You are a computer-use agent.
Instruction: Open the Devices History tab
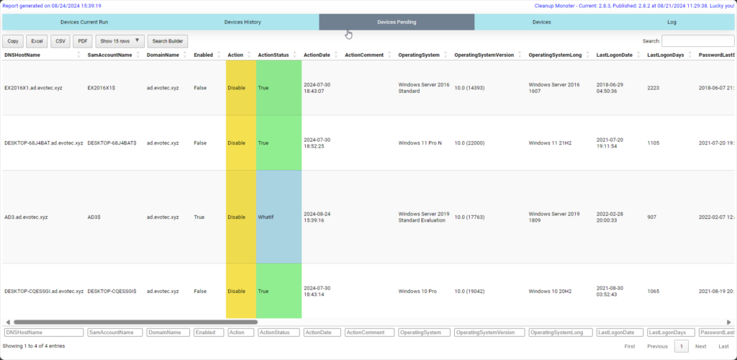242,22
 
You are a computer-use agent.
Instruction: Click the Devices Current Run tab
84,22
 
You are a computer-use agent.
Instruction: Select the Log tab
672,22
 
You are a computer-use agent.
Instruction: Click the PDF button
83,41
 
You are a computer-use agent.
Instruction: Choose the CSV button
60,41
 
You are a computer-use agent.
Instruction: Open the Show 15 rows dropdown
120,41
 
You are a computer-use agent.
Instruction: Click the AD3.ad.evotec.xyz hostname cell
27,217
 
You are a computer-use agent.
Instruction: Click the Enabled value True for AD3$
200,217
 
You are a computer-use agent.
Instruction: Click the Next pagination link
700,346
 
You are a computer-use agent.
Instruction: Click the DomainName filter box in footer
167,333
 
